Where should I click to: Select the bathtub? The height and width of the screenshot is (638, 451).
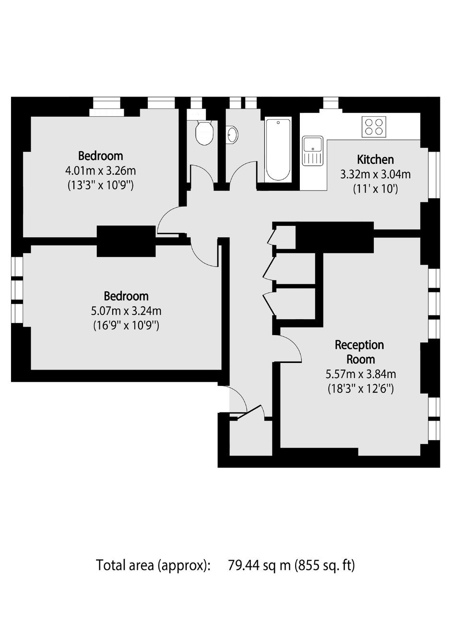[278, 150]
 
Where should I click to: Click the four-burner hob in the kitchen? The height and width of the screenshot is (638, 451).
[374, 127]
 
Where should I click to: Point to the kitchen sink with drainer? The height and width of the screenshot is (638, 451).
[313, 151]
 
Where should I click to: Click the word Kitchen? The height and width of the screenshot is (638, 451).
[375, 159]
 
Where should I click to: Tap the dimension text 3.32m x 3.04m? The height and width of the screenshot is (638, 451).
[375, 174]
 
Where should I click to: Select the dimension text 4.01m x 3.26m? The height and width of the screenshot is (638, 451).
[100, 171]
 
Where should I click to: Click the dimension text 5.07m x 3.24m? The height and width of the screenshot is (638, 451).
[126, 311]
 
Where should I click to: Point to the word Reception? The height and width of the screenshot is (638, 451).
[359, 345]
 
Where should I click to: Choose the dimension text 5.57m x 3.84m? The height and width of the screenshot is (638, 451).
[361, 374]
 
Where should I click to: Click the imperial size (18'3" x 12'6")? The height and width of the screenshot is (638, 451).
[361, 388]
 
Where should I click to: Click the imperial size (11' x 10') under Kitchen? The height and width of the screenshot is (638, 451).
[375, 189]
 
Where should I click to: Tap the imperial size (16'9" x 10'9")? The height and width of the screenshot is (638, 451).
[126, 325]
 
